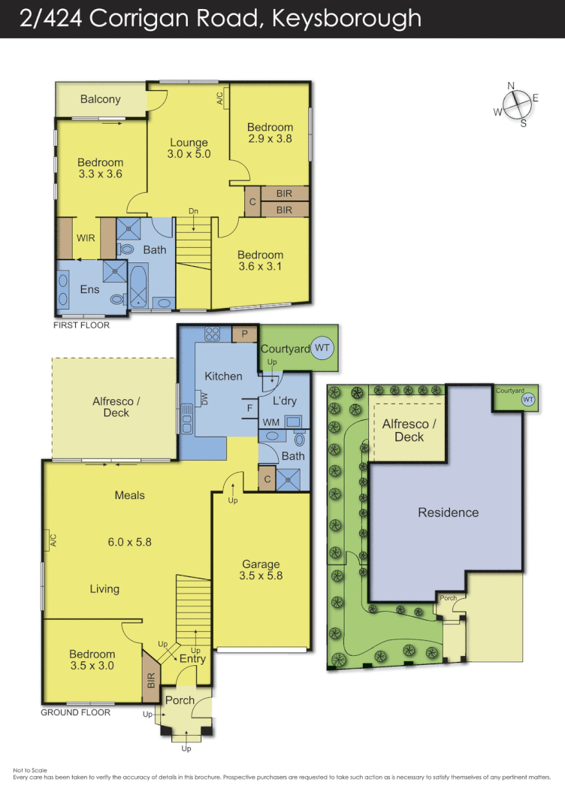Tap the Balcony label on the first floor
[x=100, y=99]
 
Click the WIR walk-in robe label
[x=85, y=238]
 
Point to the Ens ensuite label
[x=89, y=289]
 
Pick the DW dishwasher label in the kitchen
[x=204, y=399]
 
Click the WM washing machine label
[x=270, y=422]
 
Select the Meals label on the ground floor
[x=129, y=495]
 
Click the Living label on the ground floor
[x=104, y=589]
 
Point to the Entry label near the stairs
[x=192, y=659]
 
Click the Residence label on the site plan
[x=448, y=512]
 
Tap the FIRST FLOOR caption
[x=80, y=325]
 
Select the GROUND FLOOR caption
[x=75, y=712]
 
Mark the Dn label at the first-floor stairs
[x=193, y=211]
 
